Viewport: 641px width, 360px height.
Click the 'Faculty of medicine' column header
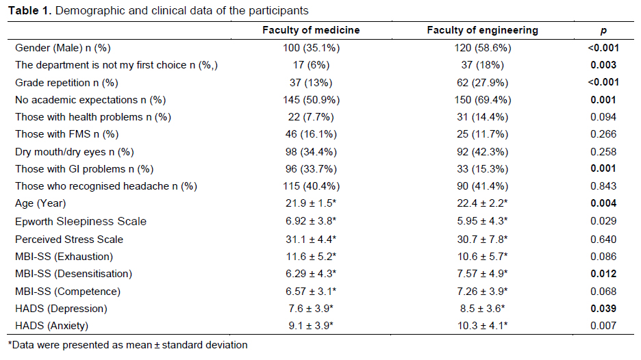click(x=311, y=30)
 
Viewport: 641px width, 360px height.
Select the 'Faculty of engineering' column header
click(x=482, y=30)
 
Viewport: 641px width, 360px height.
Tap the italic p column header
click(x=603, y=31)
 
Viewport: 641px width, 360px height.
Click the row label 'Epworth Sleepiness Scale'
click(x=81, y=222)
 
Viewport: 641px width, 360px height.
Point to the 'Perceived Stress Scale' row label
click(x=69, y=240)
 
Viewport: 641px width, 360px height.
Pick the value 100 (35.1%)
click(x=311, y=48)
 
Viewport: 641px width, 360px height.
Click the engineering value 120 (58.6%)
click(x=482, y=48)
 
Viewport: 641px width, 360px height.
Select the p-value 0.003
click(x=603, y=65)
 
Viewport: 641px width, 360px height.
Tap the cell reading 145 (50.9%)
click(x=311, y=100)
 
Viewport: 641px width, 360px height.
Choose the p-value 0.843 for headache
click(x=603, y=186)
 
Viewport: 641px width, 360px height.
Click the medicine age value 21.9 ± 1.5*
click(x=311, y=203)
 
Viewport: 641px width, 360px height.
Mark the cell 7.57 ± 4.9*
click(x=482, y=274)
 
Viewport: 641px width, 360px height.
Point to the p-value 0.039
click(x=603, y=309)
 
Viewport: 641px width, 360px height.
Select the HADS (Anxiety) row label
click(x=51, y=326)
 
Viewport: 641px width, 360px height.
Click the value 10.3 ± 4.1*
click(x=482, y=326)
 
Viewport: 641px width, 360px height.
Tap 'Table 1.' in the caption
click(x=30, y=11)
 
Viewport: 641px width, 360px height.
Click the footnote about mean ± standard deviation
click(x=127, y=346)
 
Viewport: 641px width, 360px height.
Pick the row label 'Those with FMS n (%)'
click(x=66, y=134)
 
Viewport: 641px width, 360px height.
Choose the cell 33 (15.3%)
click(x=482, y=169)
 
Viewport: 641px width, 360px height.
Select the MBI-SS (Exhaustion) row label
click(x=64, y=257)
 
